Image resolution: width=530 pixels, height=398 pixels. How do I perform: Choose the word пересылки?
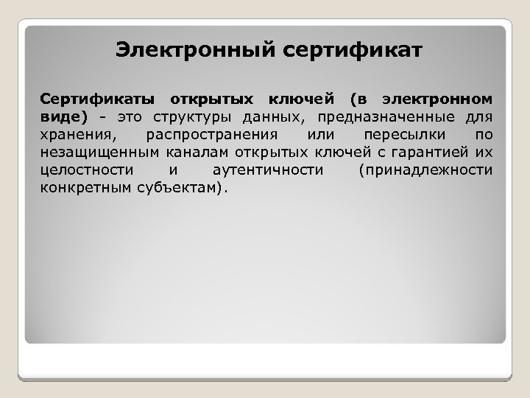pyautogui.click(x=395, y=136)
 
